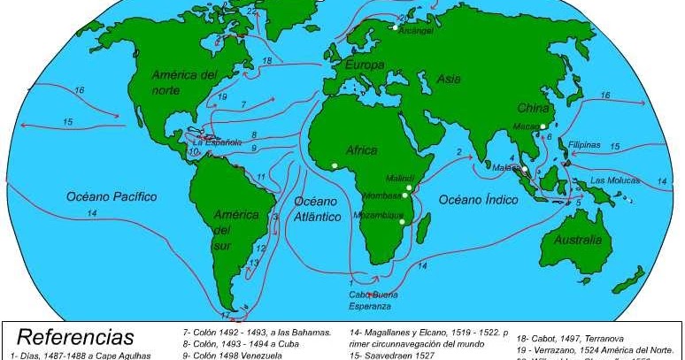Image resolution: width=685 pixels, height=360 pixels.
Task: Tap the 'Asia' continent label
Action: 449,80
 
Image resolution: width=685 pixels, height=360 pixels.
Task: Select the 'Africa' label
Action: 362,150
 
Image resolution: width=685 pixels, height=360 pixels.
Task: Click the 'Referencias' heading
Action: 75,337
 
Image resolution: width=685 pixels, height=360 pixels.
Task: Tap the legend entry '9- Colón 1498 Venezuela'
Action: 232,355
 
